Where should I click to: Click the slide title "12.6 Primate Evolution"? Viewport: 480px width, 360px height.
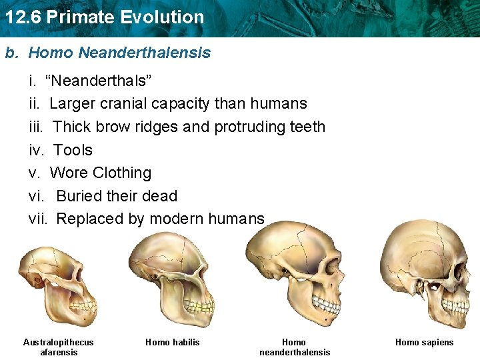coord(104,17)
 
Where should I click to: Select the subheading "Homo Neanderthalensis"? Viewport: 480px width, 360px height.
coord(119,53)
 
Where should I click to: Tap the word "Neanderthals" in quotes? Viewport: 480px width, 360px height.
coord(99,81)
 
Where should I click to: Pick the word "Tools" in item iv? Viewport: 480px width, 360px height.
coord(73,150)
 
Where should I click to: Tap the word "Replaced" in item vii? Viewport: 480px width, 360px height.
coord(88,219)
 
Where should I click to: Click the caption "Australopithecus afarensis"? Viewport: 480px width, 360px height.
coord(59,347)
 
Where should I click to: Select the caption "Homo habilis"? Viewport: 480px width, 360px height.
coord(173,343)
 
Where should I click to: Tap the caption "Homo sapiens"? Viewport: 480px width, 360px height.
coord(424,343)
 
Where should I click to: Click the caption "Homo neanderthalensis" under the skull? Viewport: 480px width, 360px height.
coord(294,347)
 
